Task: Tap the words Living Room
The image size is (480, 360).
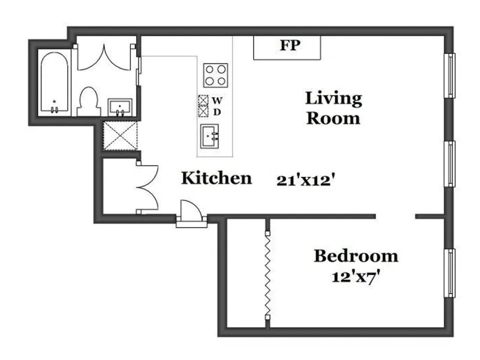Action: (x=334, y=107)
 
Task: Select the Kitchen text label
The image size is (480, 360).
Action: (x=217, y=178)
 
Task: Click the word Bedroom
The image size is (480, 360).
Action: (x=356, y=256)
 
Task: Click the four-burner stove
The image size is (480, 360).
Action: (x=215, y=76)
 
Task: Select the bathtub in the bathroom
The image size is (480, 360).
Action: (x=55, y=83)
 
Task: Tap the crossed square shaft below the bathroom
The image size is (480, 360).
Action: (x=120, y=139)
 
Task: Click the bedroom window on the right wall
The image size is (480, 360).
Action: (x=449, y=272)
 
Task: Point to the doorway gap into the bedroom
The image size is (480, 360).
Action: (x=395, y=216)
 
